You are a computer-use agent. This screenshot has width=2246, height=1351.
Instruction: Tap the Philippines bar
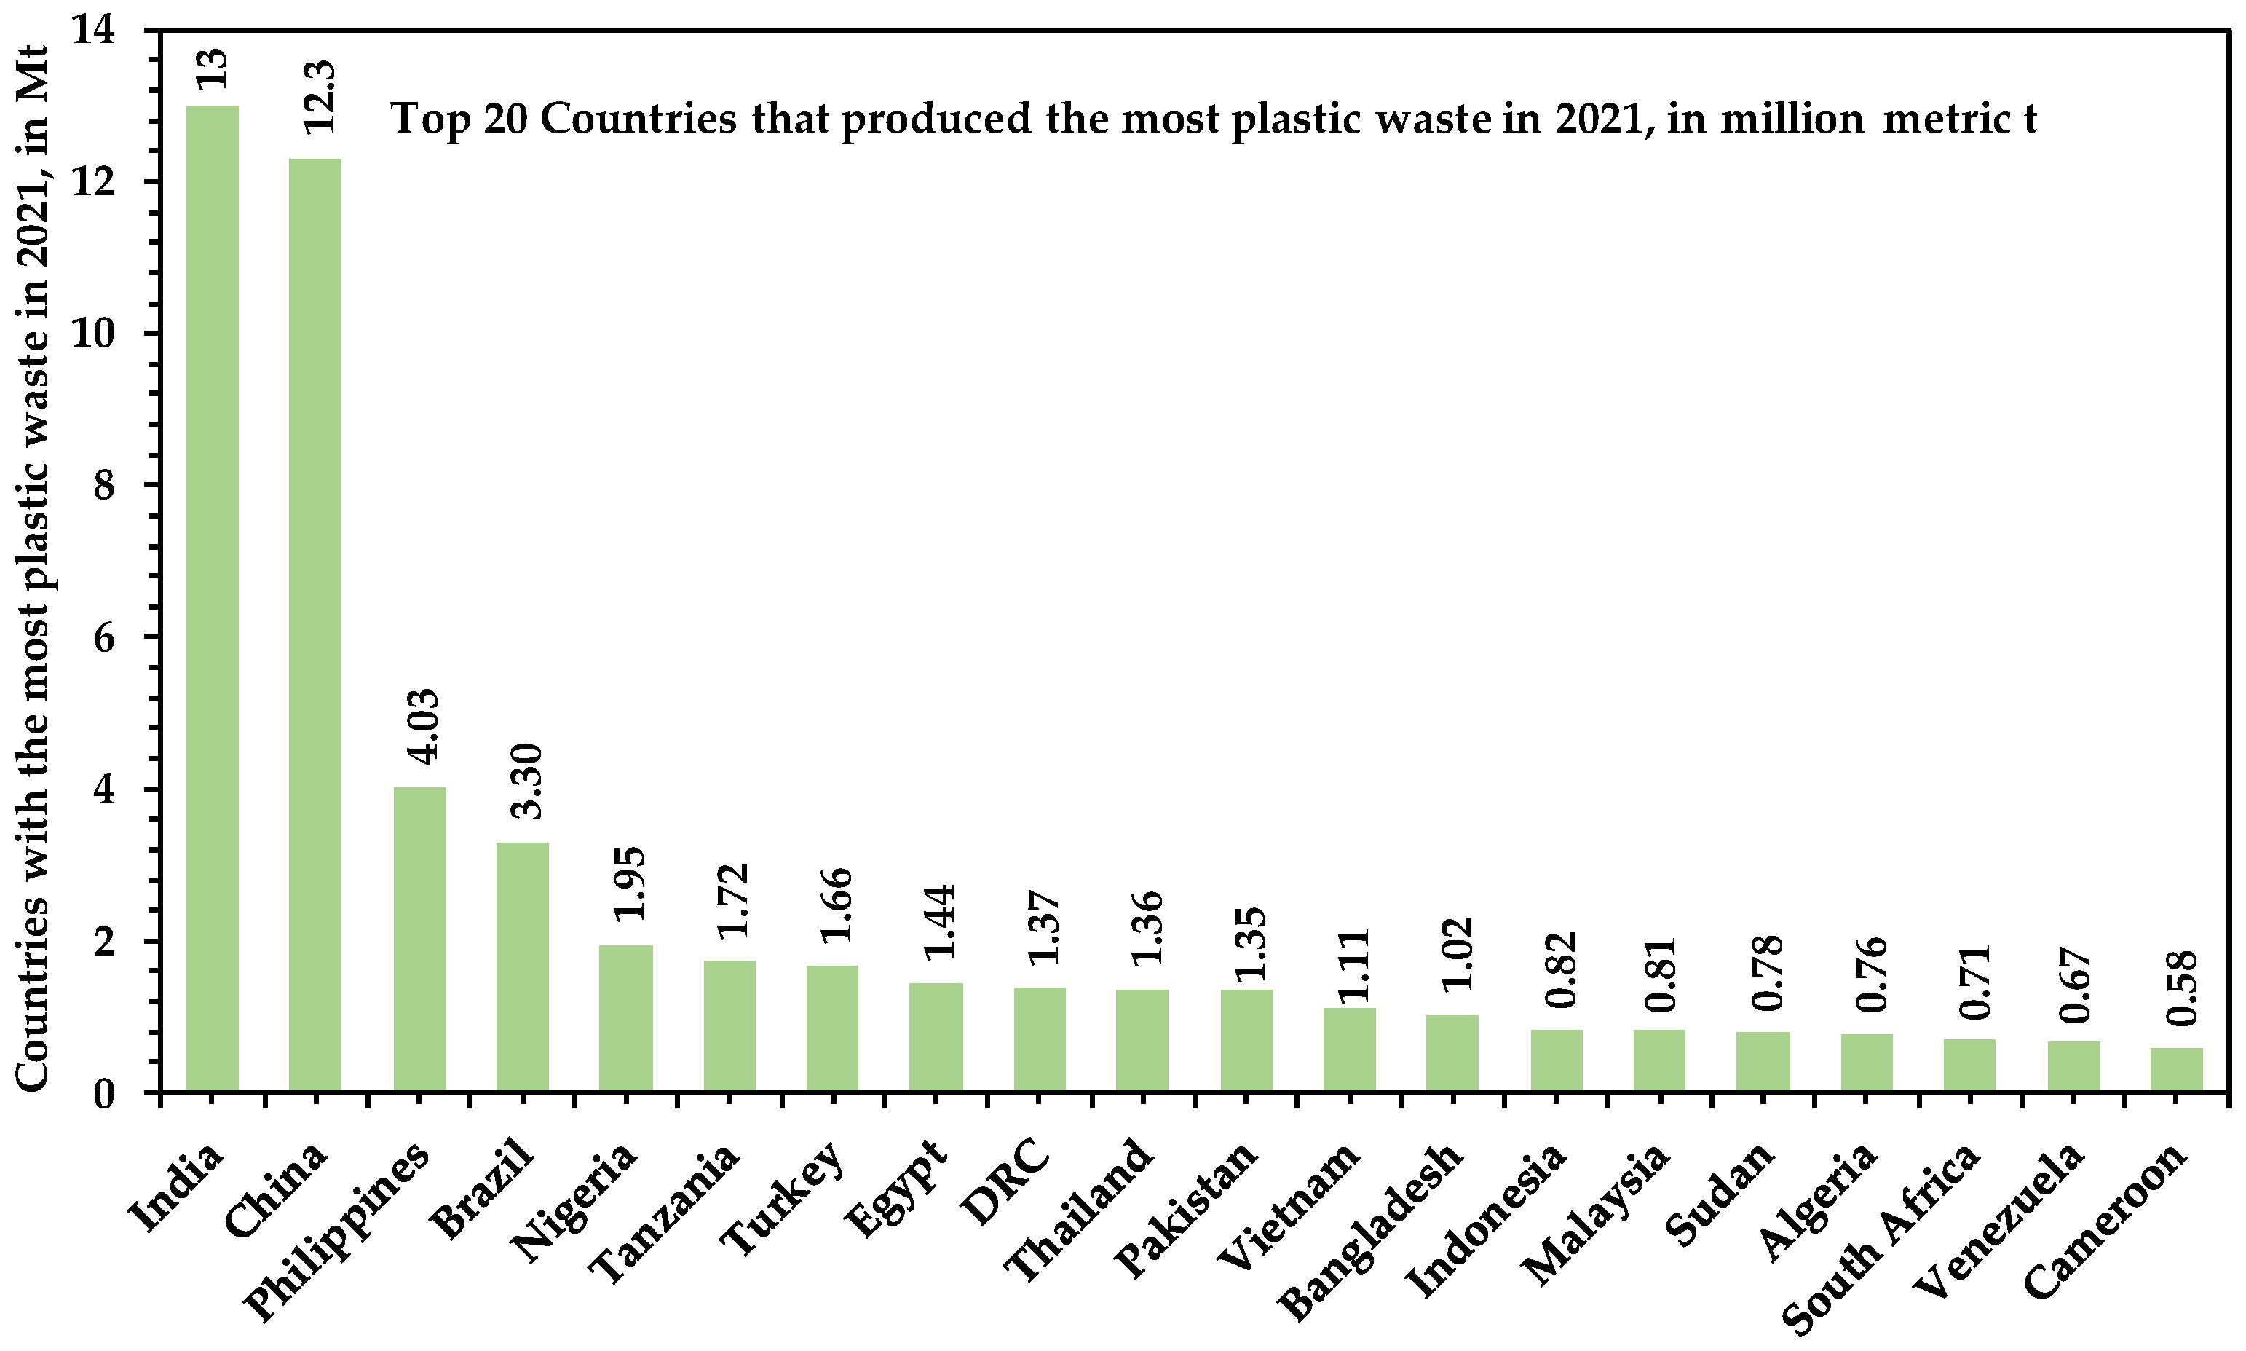pyautogui.click(x=419, y=939)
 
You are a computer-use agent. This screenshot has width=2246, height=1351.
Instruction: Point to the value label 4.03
pyautogui.click(x=423, y=725)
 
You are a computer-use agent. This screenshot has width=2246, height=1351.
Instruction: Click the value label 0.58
pyautogui.click(x=2181, y=988)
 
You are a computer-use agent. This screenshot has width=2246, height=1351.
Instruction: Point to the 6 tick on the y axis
pyautogui.click(x=105, y=638)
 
